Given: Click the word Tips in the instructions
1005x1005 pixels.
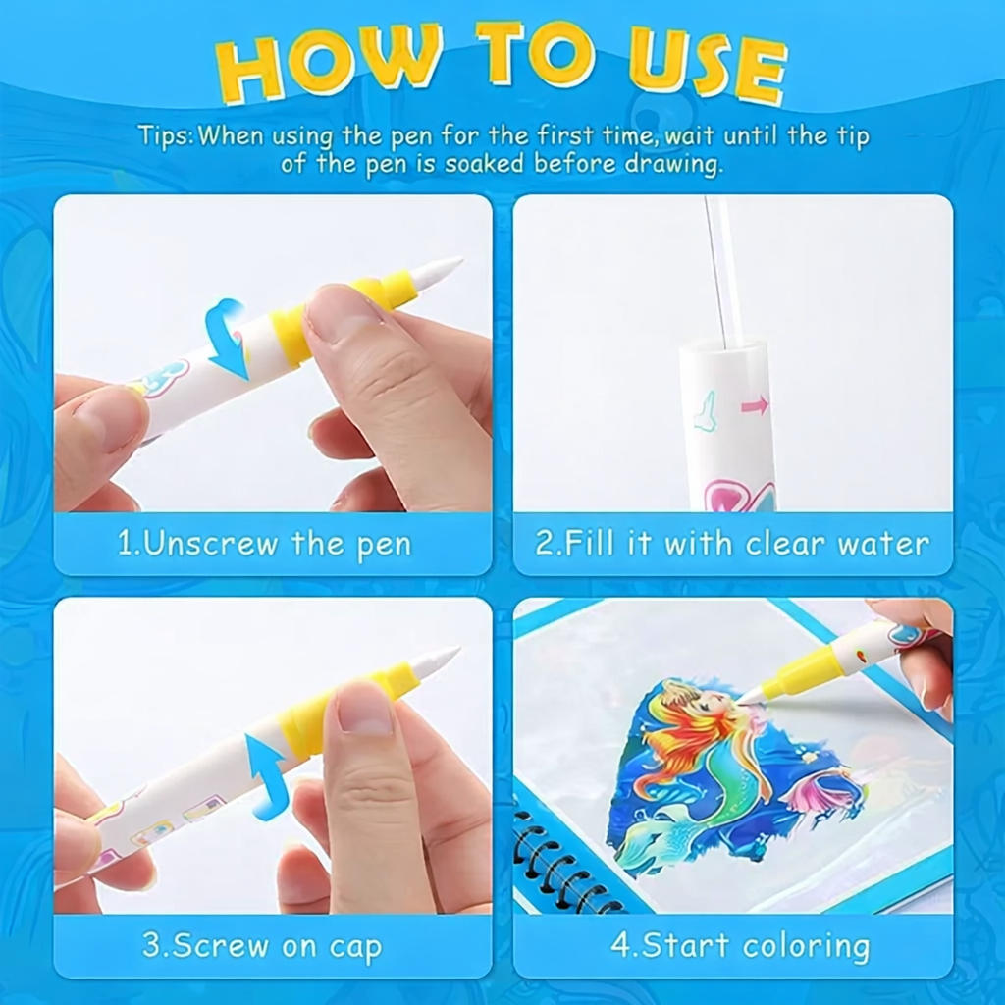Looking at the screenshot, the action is click(164, 137).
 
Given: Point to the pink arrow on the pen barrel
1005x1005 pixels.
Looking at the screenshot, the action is click(755, 405).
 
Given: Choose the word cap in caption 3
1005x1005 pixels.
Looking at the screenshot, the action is click(355, 947).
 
